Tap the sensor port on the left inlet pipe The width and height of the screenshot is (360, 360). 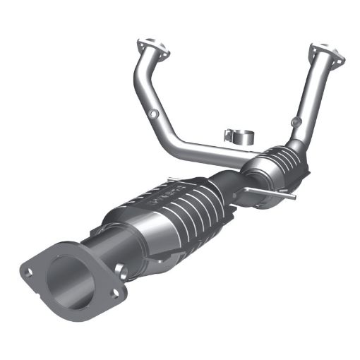click(153, 113)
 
